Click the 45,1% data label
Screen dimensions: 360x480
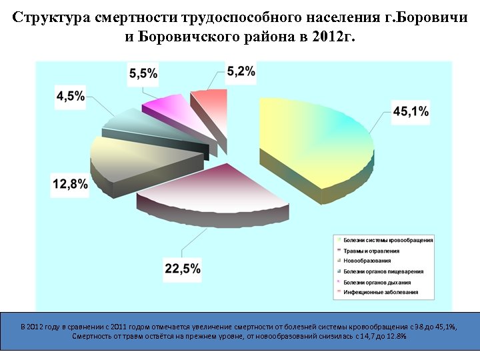coord(411,112)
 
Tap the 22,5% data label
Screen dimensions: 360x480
coord(183,269)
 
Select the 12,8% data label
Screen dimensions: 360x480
coord(70,185)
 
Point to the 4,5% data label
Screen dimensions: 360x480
coord(70,97)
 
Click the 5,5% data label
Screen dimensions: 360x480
coord(143,73)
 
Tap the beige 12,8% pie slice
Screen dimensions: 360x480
coord(133,153)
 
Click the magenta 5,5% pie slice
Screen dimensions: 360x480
coord(167,107)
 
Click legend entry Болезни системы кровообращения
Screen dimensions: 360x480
coord(387,240)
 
